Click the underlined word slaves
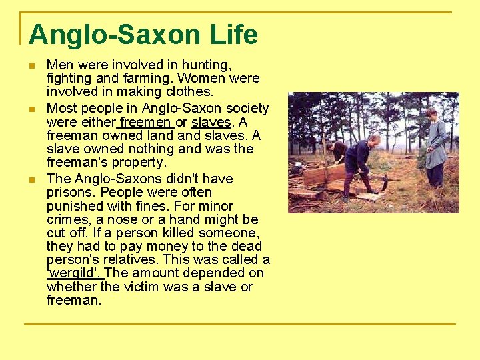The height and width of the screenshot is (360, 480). point(211,122)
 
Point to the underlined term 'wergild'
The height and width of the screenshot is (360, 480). point(75,273)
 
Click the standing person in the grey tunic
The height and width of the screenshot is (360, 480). point(435,147)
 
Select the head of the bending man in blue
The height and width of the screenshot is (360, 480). point(375,140)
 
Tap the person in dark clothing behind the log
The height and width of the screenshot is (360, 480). point(337,152)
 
